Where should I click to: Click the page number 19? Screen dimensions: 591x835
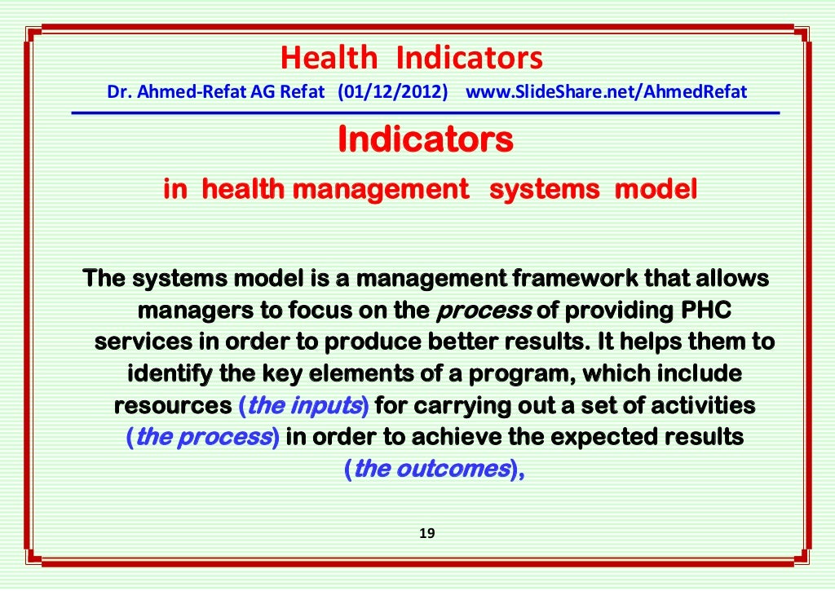coord(426,534)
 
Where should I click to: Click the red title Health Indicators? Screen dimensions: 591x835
coord(411,59)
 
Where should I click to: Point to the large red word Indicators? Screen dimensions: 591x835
coord(425,139)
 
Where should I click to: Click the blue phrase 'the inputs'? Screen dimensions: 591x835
coord(305,405)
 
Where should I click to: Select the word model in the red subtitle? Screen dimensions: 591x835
coord(655,190)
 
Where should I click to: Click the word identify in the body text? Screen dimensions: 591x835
coord(167,374)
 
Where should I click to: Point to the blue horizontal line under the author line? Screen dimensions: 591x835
coord(425,112)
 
